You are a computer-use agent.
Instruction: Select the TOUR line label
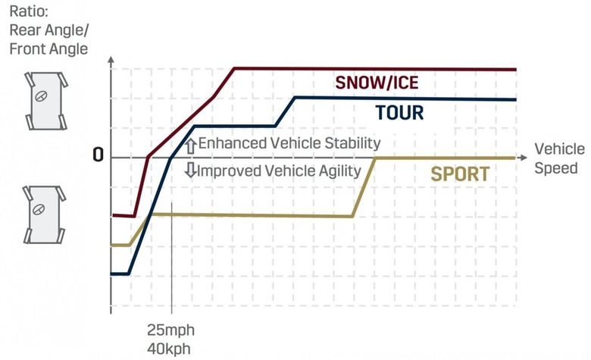pos(399,113)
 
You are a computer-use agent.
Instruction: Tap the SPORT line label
pos(459,174)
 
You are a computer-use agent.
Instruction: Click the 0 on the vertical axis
pos(98,155)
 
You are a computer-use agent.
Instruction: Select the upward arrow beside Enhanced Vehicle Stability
pos(191,143)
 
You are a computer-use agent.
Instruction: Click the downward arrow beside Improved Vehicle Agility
pos(191,170)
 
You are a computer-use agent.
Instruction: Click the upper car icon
pos(45,99)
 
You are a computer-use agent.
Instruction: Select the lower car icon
pos(45,213)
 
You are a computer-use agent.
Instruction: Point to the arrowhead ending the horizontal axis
pos(524,157)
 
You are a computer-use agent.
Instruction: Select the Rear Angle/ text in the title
pos(45,31)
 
